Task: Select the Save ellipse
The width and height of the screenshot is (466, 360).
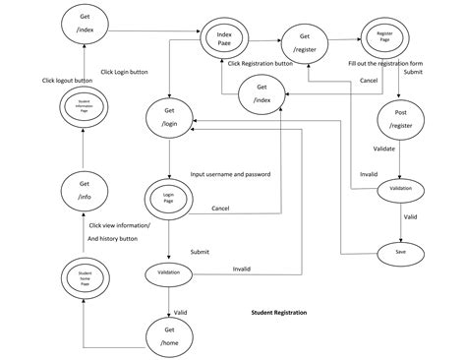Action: (x=401, y=253)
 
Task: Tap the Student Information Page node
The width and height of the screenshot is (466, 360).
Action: (x=85, y=107)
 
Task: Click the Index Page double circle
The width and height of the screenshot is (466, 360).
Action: (x=224, y=40)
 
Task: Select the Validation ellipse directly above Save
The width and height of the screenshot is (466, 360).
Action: (x=401, y=189)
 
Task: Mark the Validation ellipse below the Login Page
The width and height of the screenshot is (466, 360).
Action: (x=168, y=270)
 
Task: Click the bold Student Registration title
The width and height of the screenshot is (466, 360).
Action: (x=279, y=313)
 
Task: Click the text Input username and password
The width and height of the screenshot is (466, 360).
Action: (x=231, y=174)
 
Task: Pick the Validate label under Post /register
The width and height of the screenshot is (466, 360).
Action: (x=384, y=149)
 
